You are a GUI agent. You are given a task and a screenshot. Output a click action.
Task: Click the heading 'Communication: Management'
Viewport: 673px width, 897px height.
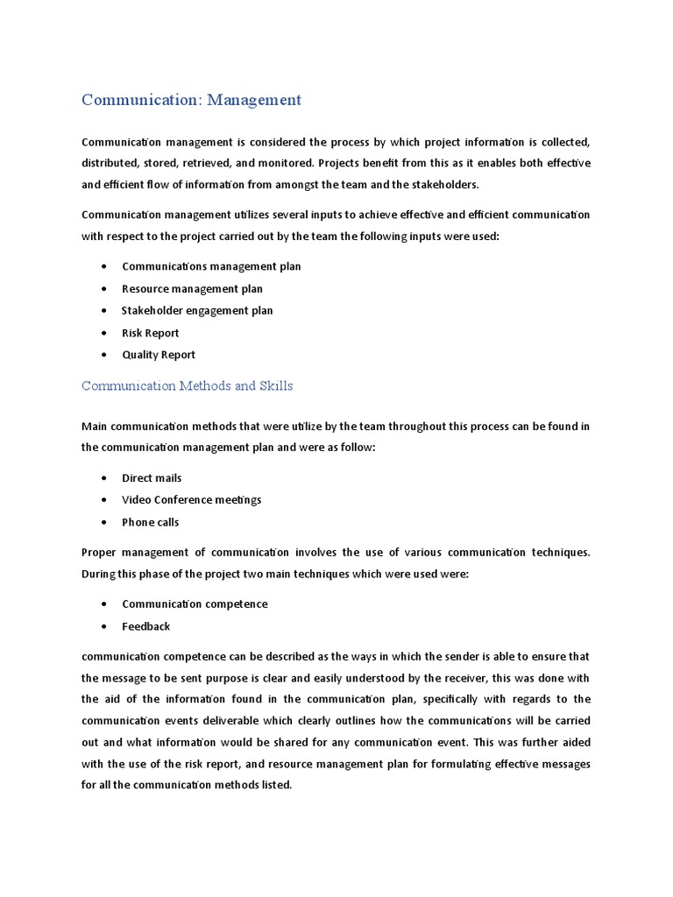(x=191, y=100)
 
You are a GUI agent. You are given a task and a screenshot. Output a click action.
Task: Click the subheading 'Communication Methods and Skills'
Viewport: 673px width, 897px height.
(x=188, y=385)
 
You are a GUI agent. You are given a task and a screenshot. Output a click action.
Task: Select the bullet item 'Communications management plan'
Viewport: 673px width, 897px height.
(x=211, y=266)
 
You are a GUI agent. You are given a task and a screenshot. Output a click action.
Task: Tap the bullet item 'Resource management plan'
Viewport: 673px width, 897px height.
(x=192, y=288)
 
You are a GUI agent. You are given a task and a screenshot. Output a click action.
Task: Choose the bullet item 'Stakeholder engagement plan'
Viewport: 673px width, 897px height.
(x=197, y=310)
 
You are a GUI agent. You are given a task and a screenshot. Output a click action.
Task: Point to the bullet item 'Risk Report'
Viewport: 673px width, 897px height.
(x=151, y=333)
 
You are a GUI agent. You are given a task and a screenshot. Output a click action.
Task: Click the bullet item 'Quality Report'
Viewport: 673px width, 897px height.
(x=159, y=355)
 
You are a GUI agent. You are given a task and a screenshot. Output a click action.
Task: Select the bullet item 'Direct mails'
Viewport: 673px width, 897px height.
(x=152, y=478)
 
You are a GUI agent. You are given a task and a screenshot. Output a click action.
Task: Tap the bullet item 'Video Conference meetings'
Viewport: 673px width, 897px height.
(x=191, y=500)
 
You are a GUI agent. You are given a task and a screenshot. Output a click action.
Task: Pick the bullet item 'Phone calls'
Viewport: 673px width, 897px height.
(x=151, y=522)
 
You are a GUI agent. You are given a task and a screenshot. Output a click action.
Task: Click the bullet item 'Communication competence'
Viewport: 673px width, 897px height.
(x=195, y=604)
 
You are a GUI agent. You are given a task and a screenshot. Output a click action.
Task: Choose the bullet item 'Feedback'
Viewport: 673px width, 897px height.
(x=146, y=626)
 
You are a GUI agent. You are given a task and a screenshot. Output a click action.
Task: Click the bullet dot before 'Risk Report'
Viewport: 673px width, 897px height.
(x=105, y=333)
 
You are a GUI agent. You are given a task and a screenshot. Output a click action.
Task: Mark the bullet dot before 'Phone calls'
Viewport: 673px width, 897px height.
(x=105, y=522)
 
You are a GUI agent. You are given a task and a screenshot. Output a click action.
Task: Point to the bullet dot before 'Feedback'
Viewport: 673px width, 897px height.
(x=105, y=626)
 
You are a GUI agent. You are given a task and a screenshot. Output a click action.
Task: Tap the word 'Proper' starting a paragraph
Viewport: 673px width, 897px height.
(x=99, y=553)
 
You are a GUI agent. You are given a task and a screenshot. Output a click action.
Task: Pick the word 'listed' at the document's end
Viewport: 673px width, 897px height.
(x=273, y=786)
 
